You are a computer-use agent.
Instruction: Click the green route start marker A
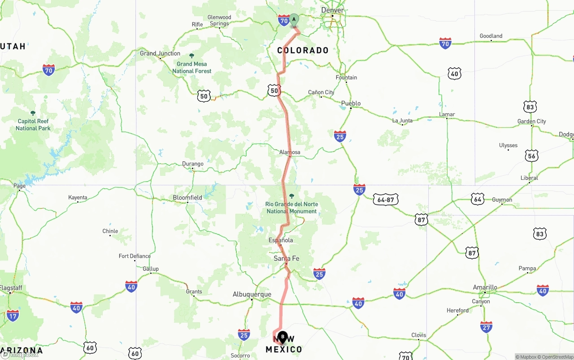coord(294,20)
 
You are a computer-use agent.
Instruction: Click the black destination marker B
coord(283,337)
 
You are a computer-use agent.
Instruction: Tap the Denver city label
coord(333,10)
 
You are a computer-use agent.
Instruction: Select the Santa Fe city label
coord(287,258)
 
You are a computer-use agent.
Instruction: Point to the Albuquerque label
coord(252,294)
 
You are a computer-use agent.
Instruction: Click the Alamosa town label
coord(290,152)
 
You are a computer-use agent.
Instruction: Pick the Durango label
coord(193,164)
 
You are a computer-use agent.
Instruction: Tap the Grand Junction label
coord(160,53)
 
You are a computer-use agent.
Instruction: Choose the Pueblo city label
coord(351,103)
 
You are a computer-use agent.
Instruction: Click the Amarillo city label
coord(485,287)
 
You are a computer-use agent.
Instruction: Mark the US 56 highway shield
coord(532,156)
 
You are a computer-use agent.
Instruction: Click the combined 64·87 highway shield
coord(385,200)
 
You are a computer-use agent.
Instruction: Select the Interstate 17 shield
coord(13,315)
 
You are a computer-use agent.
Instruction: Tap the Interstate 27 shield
coord(486,326)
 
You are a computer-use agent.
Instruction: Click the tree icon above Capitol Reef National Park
coord(33,113)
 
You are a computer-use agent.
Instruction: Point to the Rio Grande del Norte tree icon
coord(291,196)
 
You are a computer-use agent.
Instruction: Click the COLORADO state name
coord(303,50)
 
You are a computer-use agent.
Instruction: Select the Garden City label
coord(532,121)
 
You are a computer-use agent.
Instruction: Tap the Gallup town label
coord(151,269)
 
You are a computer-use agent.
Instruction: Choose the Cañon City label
coord(321,92)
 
